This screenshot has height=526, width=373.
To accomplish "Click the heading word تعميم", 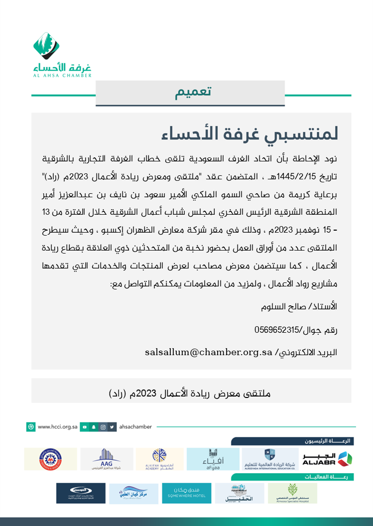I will coord(193,92).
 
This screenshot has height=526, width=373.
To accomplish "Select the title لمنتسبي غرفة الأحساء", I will coord(250,133).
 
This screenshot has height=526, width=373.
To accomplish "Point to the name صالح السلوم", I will coord(281,307).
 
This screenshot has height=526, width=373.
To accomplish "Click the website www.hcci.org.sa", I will coord(57,427).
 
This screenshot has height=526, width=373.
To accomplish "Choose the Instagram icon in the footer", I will coord(103,427).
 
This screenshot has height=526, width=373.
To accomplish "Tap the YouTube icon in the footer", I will coord(85,427).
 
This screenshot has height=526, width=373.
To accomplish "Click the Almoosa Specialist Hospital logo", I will coord(292,493).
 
